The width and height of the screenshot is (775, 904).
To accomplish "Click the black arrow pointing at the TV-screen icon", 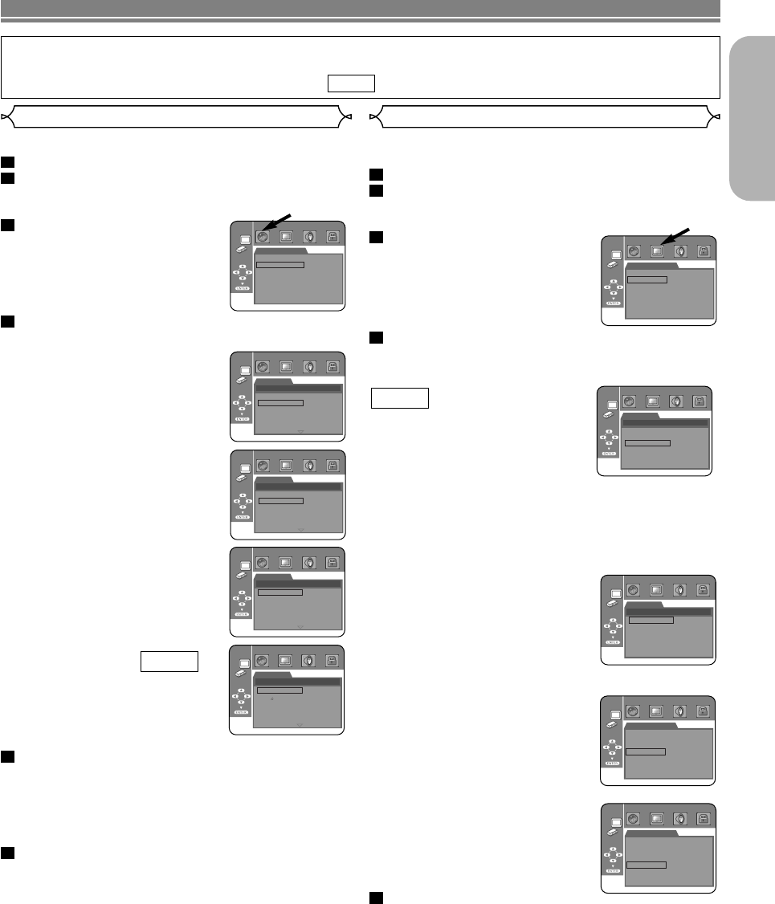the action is click(675, 236).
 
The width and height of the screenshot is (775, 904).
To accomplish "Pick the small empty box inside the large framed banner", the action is click(351, 83).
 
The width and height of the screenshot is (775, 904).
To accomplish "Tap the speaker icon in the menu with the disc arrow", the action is click(308, 237).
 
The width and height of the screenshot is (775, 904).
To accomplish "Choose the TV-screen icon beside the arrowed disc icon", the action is click(286, 237).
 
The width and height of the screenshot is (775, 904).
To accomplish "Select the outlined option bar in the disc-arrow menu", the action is click(280, 263).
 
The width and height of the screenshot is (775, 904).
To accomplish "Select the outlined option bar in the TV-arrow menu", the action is click(647, 279).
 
